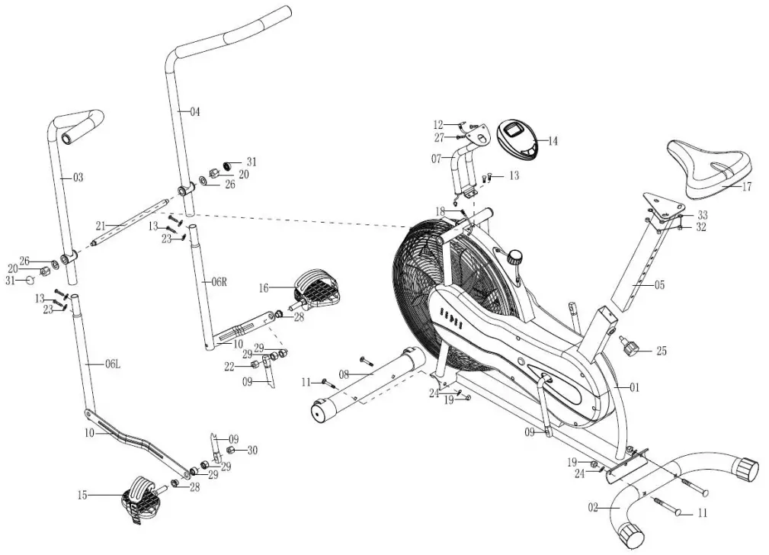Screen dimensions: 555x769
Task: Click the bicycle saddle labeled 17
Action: pyautogui.click(x=709, y=168)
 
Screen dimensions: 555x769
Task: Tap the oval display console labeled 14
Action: pyautogui.click(x=517, y=139)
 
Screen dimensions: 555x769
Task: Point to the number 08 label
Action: pyautogui.click(x=344, y=374)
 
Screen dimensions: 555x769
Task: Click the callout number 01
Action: pyautogui.click(x=634, y=387)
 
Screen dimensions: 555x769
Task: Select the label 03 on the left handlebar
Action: pyautogui.click(x=78, y=178)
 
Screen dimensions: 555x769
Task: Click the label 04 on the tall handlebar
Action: pyautogui.click(x=194, y=112)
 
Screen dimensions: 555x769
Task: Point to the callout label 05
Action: pyautogui.click(x=659, y=286)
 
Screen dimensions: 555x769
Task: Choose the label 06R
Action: pyautogui.click(x=219, y=281)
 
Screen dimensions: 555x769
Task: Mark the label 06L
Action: pyautogui.click(x=112, y=364)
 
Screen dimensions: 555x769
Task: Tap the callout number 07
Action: pyautogui.click(x=436, y=159)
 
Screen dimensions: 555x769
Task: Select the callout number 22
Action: pyautogui.click(x=228, y=367)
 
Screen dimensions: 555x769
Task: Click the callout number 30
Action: pyautogui.click(x=252, y=451)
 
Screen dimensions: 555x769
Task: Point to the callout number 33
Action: pyautogui.click(x=702, y=215)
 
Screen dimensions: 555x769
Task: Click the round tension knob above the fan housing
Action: pyautogui.click(x=518, y=255)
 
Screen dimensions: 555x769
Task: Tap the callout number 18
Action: pyautogui.click(x=440, y=210)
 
